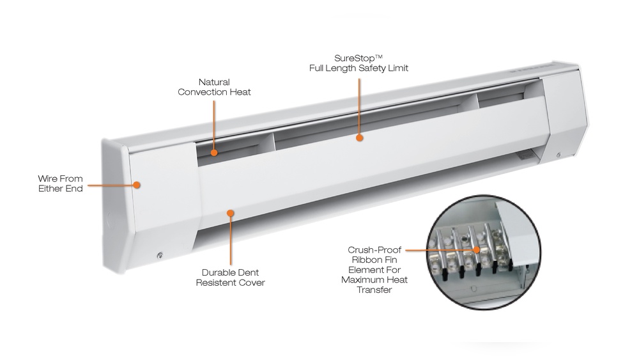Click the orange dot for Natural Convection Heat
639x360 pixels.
coord(215,153)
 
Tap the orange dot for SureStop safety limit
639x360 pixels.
coord(360,137)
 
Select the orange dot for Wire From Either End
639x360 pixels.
coord(137,185)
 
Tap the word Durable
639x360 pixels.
coord(217,272)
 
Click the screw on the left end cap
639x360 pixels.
coord(159,256)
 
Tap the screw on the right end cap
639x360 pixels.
coord(559,155)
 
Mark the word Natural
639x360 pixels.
coord(214,82)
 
